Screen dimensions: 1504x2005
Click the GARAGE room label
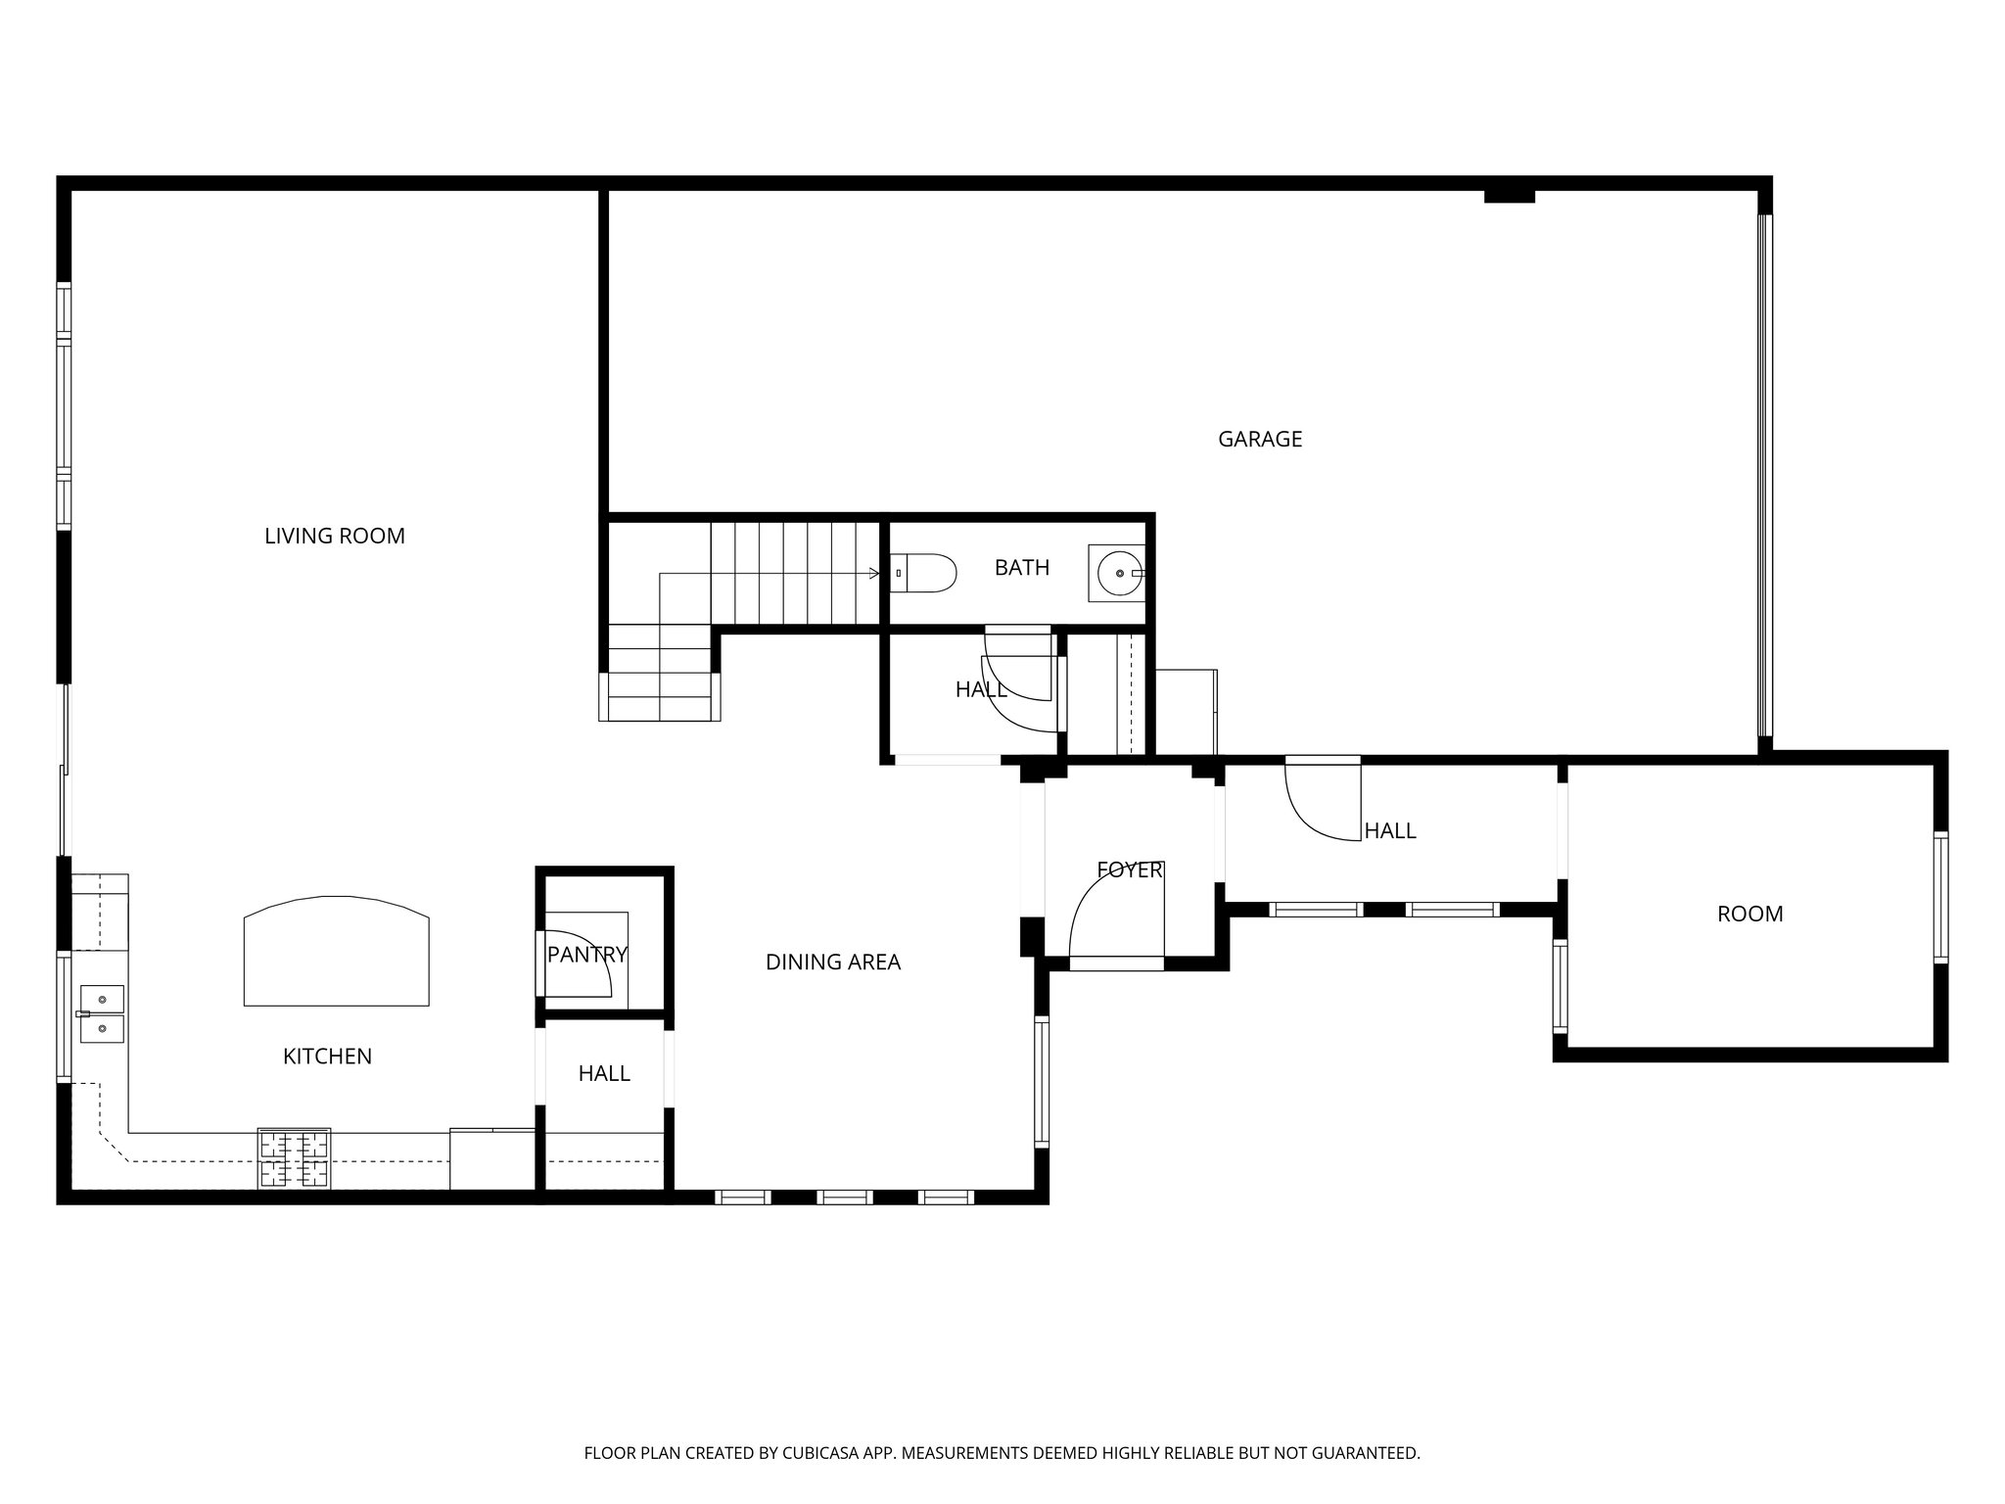[1259, 440]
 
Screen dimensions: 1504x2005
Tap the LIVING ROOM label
[335, 536]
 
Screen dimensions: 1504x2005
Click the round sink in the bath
[1116, 574]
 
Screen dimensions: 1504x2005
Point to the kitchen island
[336, 952]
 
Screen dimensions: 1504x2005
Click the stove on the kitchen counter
[294, 1158]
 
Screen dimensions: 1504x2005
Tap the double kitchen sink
[102, 1014]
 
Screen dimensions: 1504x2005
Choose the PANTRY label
[586, 955]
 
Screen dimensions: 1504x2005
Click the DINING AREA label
[832, 963]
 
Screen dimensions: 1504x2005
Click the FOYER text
[1129, 870]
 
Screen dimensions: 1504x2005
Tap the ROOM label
[1749, 915]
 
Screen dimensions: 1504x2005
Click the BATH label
[1021, 568]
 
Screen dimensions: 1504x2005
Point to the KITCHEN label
[327, 1057]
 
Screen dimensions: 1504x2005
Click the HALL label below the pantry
[604, 1074]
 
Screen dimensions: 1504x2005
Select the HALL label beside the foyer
[1389, 831]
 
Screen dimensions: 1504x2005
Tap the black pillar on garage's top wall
[1509, 196]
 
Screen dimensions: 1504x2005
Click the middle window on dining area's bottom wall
[844, 1197]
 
